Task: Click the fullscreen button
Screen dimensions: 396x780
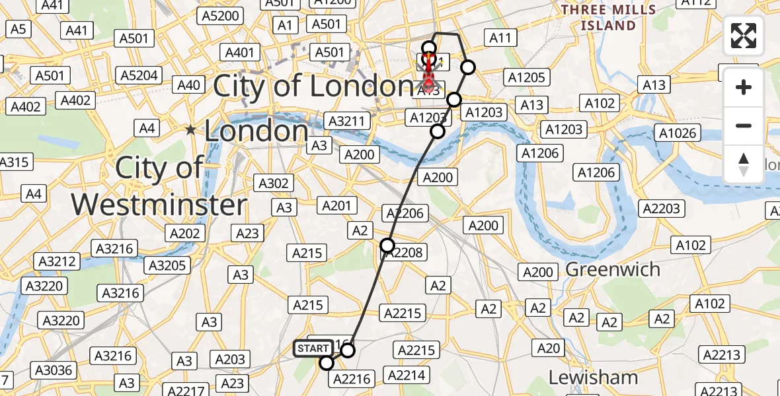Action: coord(744,36)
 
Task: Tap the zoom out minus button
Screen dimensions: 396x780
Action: coord(744,125)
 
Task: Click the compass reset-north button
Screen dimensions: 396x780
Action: coord(744,164)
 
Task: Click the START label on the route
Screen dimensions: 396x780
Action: coord(313,348)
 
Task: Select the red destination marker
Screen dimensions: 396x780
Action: coord(428,73)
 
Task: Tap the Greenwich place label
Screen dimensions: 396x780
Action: coord(613,269)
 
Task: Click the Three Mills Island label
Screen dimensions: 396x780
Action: coord(608,18)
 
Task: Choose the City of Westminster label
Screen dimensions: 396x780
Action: coord(159,186)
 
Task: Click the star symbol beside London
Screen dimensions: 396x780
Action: coord(191,130)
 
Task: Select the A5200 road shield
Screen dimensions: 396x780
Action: coord(221,15)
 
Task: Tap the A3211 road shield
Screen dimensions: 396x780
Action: coord(346,121)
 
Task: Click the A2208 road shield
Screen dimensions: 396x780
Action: coord(405,251)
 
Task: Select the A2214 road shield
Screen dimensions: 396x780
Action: coord(406,375)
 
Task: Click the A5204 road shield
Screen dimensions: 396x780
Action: coord(139,75)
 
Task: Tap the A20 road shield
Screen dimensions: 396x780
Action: coord(548,348)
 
